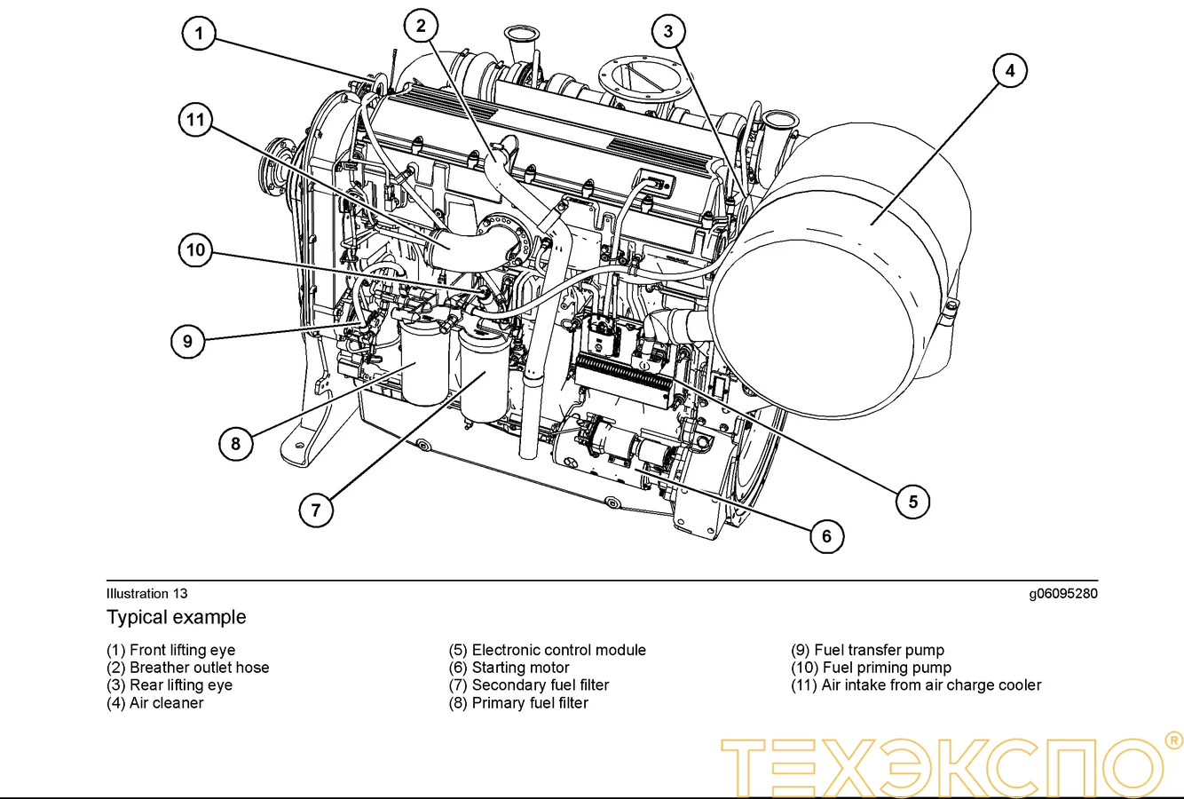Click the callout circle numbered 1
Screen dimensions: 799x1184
click(199, 35)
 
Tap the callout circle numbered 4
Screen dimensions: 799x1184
click(1009, 70)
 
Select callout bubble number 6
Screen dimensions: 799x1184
click(826, 535)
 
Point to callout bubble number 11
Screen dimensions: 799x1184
click(195, 120)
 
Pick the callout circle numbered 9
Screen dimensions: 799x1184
click(187, 341)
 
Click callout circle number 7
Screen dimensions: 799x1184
click(316, 510)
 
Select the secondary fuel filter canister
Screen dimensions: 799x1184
click(484, 377)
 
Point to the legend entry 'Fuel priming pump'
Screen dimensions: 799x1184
click(871, 668)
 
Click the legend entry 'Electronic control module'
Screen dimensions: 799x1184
click(547, 650)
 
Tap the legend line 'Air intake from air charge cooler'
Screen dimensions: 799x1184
click(916, 685)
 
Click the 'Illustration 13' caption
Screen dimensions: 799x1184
click(146, 594)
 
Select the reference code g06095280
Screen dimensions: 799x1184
click(1062, 594)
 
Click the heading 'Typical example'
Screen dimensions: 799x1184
click(177, 617)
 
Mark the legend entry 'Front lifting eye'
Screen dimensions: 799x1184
click(170, 650)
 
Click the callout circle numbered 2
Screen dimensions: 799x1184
click(421, 26)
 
